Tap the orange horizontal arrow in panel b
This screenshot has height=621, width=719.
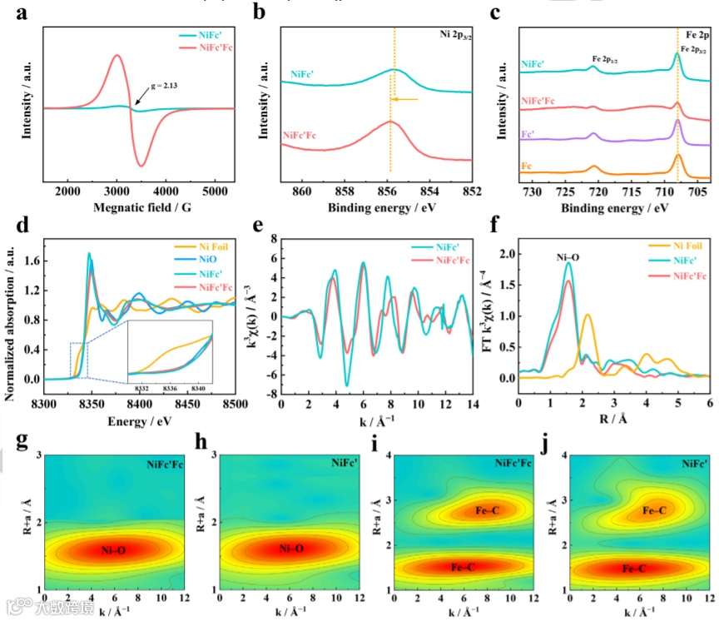(404, 100)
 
